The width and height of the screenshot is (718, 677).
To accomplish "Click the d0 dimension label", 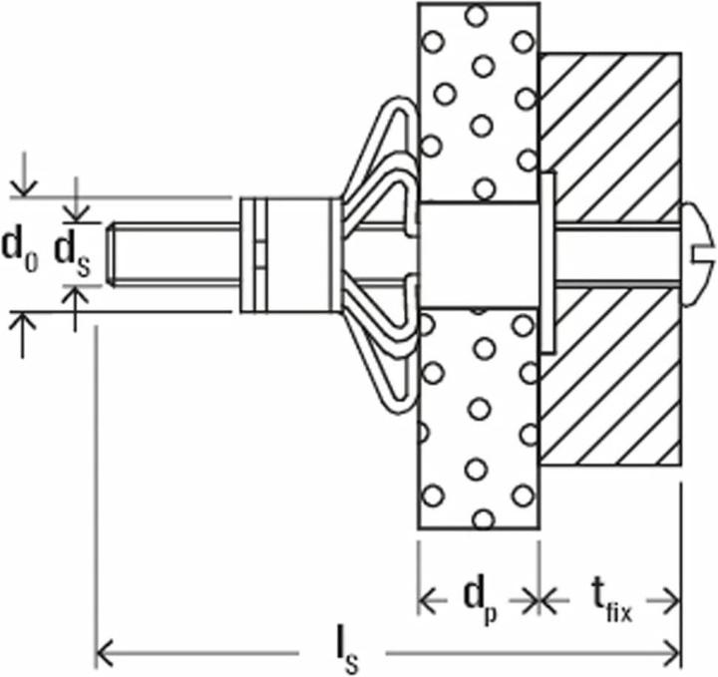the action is (20, 251).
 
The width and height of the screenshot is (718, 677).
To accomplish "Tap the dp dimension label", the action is (481, 602).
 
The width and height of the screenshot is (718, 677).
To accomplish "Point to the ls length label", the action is (347, 655).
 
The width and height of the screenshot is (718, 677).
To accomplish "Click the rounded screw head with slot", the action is (697, 254).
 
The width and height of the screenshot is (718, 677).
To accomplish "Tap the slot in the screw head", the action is (703, 255).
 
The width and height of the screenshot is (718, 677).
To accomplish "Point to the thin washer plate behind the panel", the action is (548, 262).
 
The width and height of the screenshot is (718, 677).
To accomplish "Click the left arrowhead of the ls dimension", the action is (105, 654).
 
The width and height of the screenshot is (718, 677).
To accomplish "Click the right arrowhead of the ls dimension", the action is (672, 654).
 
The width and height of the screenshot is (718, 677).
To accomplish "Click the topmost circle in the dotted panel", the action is (477, 15).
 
